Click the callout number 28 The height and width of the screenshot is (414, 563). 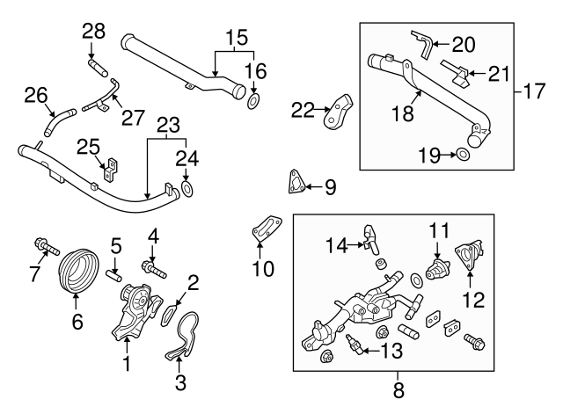[93, 33]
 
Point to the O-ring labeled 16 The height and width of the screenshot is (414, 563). [253, 102]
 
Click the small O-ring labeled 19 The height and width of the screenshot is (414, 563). [462, 156]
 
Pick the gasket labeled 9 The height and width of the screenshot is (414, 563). [295, 182]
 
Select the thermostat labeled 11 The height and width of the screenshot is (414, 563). [435, 267]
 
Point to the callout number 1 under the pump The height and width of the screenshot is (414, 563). [128, 362]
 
